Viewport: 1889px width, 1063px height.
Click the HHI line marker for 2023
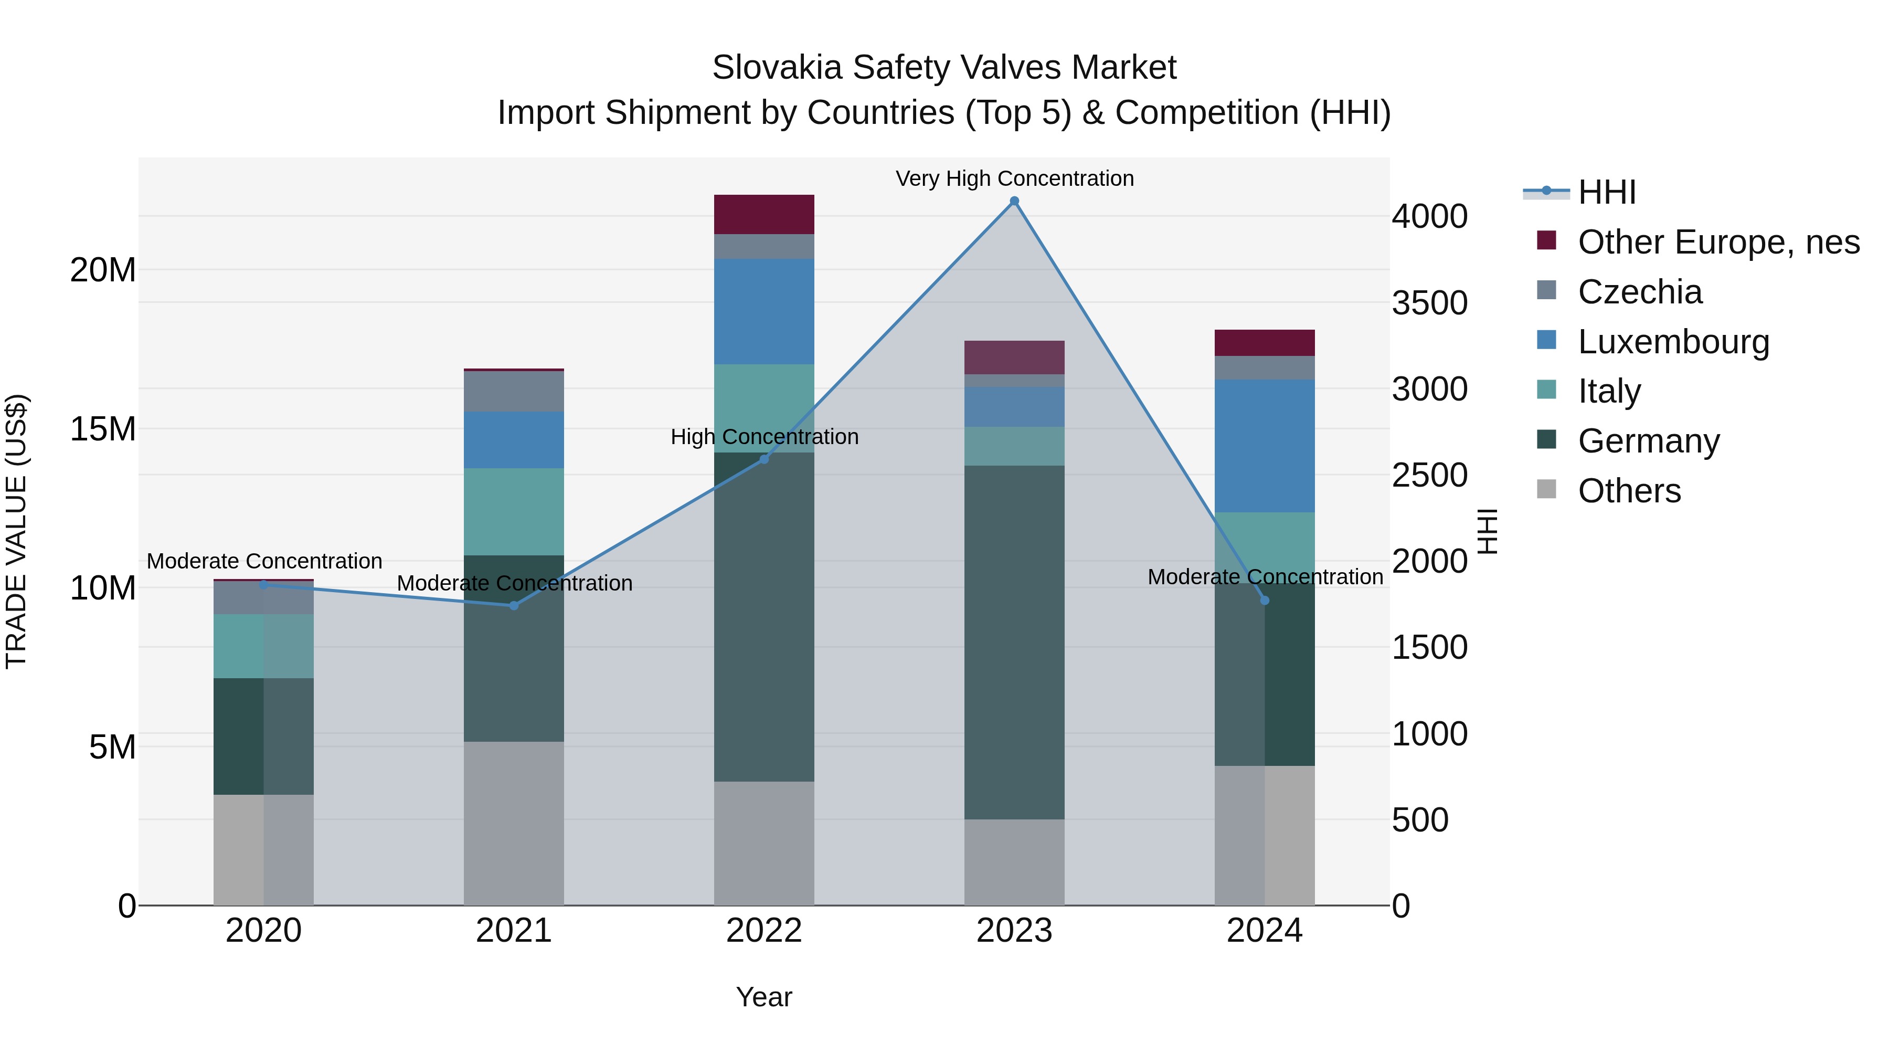1014,201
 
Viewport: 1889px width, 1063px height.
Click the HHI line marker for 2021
514,605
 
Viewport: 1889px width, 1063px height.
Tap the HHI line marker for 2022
764,459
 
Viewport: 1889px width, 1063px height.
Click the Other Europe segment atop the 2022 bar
764,214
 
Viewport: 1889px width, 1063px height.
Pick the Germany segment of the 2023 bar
1014,642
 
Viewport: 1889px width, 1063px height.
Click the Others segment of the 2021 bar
514,823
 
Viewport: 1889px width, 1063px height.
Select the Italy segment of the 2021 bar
514,511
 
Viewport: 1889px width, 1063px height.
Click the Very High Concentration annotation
1014,178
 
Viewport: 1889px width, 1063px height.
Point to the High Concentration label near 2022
764,437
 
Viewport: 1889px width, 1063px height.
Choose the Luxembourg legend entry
1673,342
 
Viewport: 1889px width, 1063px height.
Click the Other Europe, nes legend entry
1718,242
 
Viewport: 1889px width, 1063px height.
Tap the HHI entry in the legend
1606,192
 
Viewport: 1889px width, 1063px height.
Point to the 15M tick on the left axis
103,429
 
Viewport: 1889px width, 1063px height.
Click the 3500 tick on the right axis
1429,303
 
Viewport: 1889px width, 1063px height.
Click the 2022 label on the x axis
764,931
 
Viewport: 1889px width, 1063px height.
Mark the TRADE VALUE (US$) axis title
16,531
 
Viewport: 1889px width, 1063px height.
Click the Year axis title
764,997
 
